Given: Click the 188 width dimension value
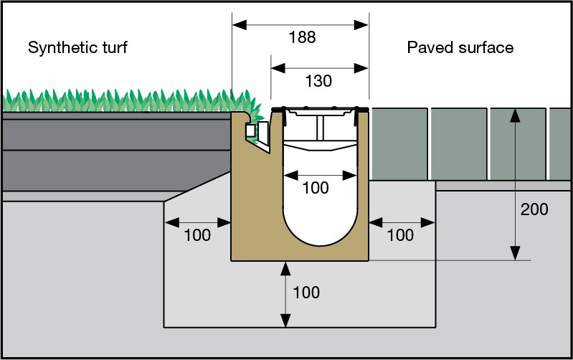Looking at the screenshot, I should (302, 37).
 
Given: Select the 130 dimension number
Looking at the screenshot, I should (318, 81).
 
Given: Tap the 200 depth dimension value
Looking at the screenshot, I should (534, 209).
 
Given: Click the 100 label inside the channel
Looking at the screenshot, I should (316, 188).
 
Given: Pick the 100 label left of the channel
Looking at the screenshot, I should (196, 235).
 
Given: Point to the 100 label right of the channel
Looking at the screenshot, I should (400, 235).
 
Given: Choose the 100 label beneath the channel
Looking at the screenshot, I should (306, 293).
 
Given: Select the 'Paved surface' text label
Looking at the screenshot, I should (460, 48).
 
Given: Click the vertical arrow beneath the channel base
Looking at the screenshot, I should (286, 294).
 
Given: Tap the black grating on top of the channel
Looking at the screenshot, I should (320, 108).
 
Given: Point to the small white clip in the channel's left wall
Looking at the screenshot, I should (262, 133).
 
